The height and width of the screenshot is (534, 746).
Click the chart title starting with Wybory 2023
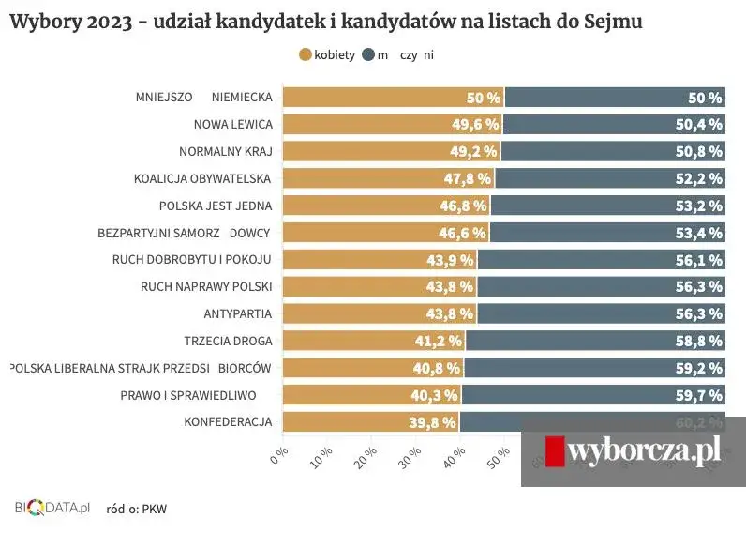point(325,21)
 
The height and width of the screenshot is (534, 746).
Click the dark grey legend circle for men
point(368,55)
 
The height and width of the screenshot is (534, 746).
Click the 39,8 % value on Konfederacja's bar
point(433,422)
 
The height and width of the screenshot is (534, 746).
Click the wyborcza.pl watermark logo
point(633,451)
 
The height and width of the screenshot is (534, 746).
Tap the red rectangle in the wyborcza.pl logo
point(555,451)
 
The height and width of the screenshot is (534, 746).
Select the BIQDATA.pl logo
point(52,508)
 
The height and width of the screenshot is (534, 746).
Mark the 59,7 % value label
point(698,395)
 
